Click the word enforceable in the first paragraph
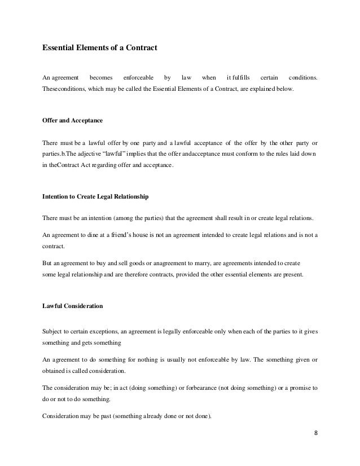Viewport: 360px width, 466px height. tap(139, 77)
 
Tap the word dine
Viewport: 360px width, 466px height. tap(92, 234)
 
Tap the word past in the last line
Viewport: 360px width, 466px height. tap(102, 416)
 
